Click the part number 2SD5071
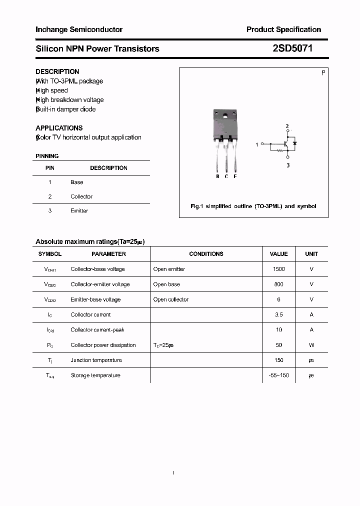click(292, 48)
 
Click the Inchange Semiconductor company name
click(79, 29)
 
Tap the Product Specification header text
click(283, 29)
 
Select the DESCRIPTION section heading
click(57, 71)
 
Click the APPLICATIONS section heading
click(59, 128)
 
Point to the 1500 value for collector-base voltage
click(278, 269)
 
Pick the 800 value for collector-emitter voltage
click(278, 284)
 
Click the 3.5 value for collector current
click(278, 314)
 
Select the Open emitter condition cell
click(169, 269)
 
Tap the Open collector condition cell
click(171, 299)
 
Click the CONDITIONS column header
click(206, 254)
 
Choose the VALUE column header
click(278, 254)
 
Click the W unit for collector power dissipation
click(311, 345)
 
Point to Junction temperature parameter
click(96, 360)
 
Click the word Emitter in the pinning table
click(79, 210)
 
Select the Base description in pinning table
click(76, 182)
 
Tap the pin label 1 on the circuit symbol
click(257, 144)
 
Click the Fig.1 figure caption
click(253, 206)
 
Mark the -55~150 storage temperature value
click(278, 375)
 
